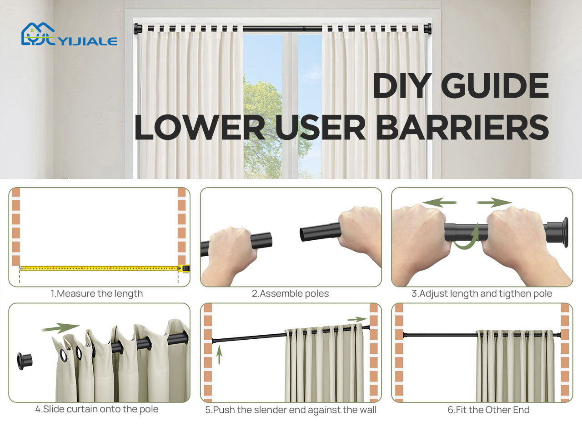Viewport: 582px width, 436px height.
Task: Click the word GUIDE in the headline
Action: tap(495, 86)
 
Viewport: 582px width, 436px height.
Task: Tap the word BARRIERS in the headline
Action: tap(463, 127)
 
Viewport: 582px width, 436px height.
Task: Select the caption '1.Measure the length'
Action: tap(97, 293)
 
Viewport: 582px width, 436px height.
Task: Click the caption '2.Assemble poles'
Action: tap(291, 293)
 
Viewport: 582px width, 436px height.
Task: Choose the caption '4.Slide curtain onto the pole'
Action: tap(97, 409)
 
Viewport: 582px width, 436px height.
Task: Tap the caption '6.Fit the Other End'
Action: tap(489, 410)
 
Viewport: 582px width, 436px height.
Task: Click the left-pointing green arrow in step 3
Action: tap(440, 203)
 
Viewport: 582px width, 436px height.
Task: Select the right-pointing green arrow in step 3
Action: tap(494, 203)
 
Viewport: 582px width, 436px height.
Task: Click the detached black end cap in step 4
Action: tap(25, 361)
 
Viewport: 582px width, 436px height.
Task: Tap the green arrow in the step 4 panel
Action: tap(60, 328)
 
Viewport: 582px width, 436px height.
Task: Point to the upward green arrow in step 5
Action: tap(219, 355)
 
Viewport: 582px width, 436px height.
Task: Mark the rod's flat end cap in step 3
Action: tap(566, 232)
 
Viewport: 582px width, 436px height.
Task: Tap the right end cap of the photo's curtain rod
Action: tap(428, 28)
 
